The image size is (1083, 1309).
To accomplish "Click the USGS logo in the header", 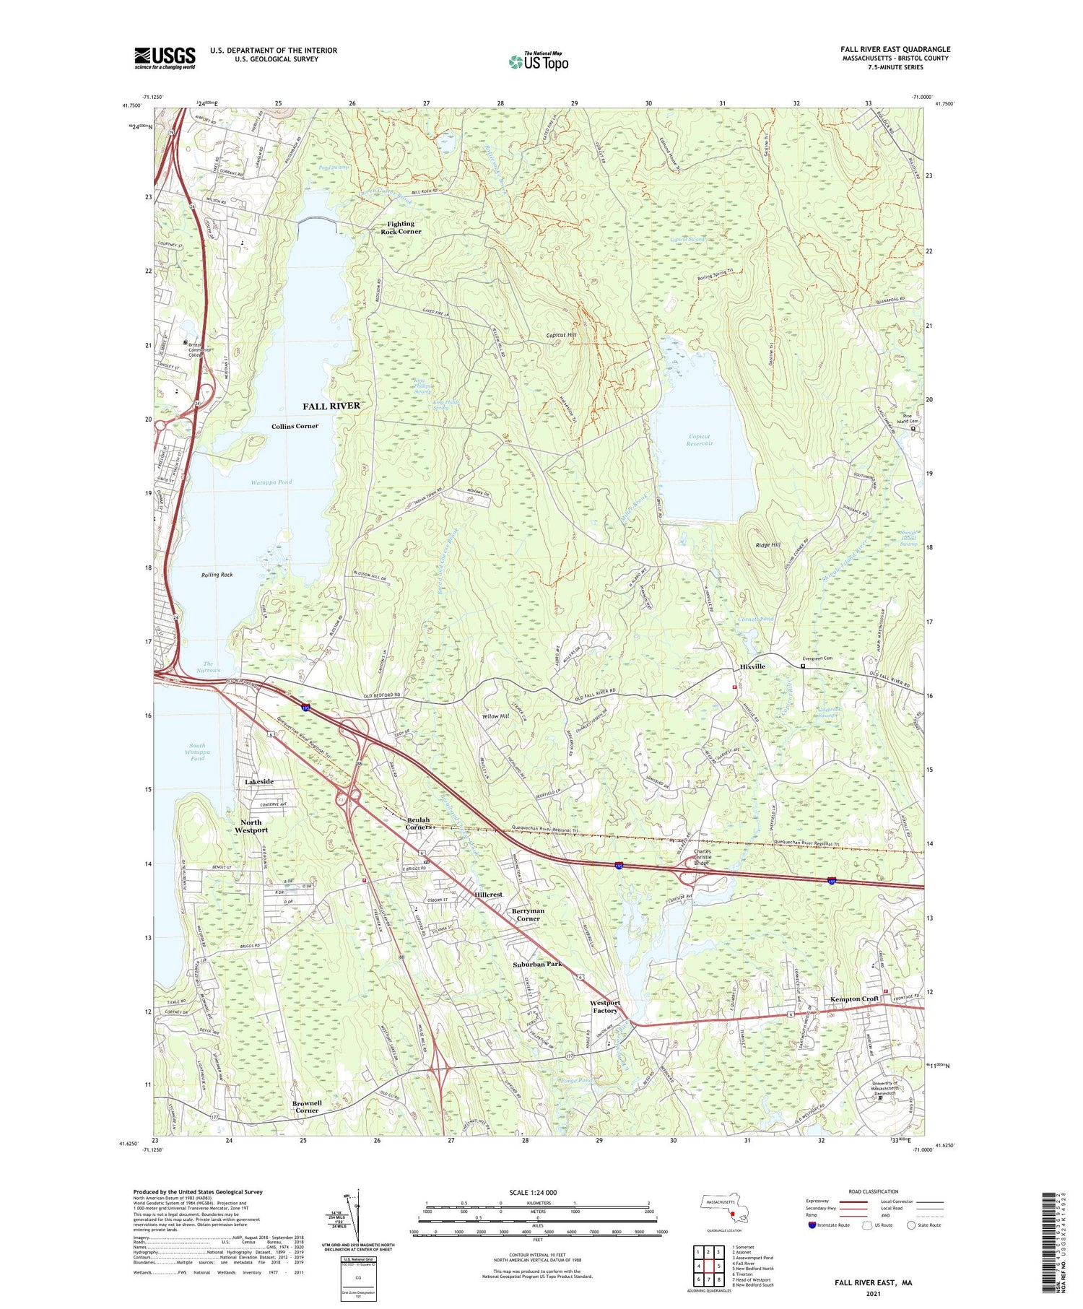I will coord(165,58).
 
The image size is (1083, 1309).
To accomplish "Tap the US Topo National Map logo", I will coord(538,61).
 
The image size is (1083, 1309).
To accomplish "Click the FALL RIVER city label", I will coord(331,406).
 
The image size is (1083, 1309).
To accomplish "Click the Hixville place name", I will coord(752,666).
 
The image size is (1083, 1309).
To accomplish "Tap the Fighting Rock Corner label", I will coord(401,227).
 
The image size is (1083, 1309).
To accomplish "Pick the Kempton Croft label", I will coord(854,999).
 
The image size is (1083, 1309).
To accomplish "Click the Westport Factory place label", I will coord(605,1006).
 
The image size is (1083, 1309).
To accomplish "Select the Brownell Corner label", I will coord(307,1107).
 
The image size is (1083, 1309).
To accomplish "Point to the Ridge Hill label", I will coord(767,545).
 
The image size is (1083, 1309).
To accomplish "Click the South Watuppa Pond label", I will coord(198,752).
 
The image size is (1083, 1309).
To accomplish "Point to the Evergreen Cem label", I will coord(817,658).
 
